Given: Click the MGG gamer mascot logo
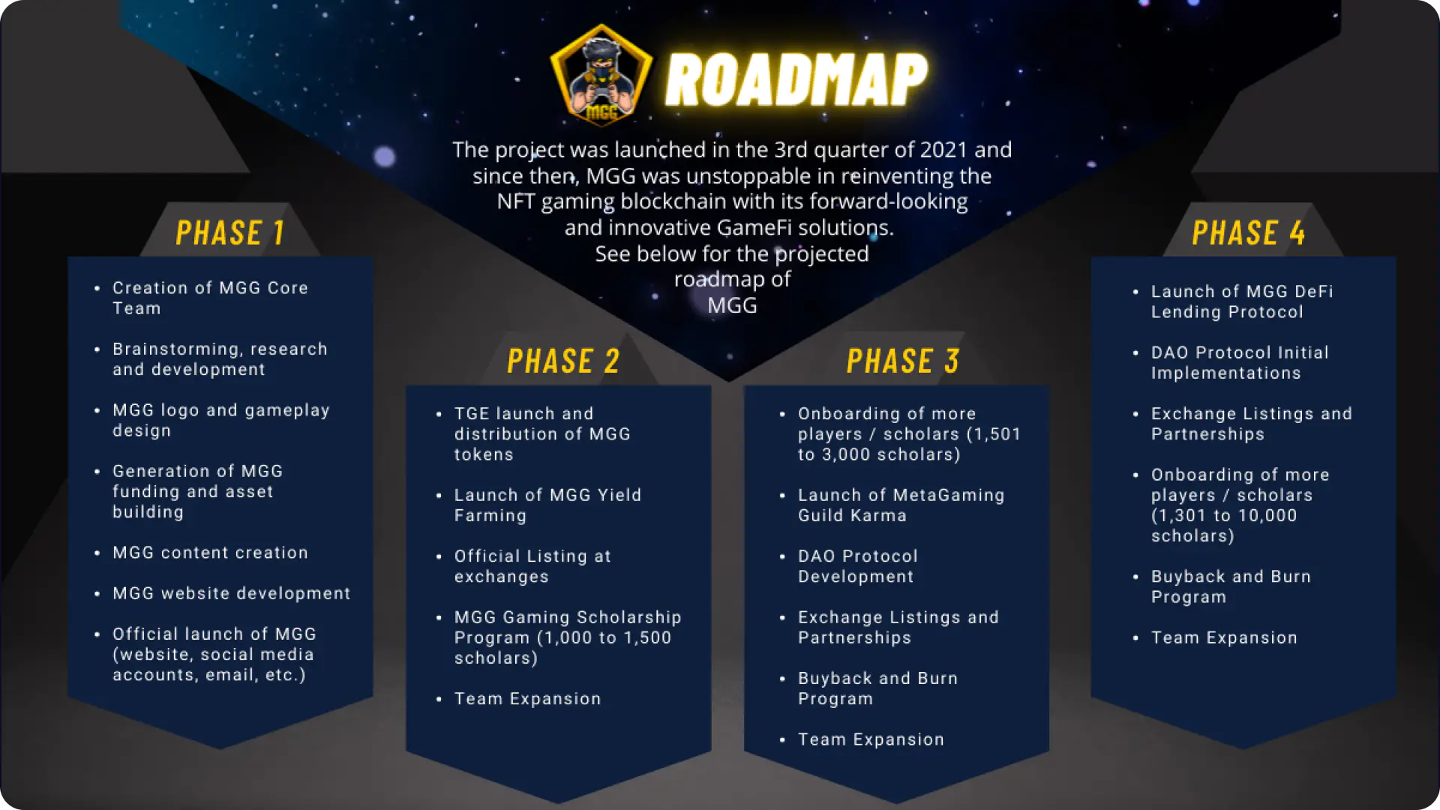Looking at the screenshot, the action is coord(601,75).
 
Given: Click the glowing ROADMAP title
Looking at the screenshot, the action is coord(796,79).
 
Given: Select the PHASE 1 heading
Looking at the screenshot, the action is coord(230,232).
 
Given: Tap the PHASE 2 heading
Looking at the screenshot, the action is coord(563,361).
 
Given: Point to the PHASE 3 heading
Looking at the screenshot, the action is coord(903,361).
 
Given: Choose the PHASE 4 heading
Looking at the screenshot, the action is coord(1249,232).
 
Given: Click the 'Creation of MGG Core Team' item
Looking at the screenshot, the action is coord(210,298).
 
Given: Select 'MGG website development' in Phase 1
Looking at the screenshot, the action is coord(232,593).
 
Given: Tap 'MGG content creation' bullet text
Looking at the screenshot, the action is coord(210,553).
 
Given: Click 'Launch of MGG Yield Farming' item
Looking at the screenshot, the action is coord(547,505).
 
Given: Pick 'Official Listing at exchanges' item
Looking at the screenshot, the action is coord(532,566).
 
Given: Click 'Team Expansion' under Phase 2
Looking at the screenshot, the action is coord(527,699).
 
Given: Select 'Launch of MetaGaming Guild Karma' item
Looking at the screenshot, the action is coord(901,505).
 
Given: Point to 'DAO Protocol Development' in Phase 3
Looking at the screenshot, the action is coord(857,566).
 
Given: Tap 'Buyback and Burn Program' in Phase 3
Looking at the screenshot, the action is coord(877,688).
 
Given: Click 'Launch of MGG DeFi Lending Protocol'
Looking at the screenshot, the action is coord(1242,301).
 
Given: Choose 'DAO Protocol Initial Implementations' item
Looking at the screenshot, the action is coord(1240,362).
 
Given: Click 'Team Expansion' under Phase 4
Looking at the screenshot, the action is coord(1224,637).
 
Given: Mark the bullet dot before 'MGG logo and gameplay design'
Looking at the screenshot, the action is coord(97,410).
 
